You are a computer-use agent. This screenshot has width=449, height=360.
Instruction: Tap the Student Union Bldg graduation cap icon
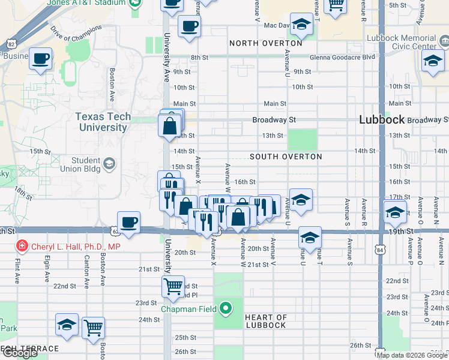(109, 163)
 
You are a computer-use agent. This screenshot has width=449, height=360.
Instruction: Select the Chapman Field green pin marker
(226, 309)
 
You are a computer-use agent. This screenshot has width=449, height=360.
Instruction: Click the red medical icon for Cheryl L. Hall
(22, 246)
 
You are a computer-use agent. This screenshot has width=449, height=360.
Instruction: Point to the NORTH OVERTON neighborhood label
(265, 43)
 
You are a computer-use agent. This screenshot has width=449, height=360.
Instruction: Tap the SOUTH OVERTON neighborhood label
(286, 157)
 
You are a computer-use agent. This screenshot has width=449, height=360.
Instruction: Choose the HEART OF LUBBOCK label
(266, 321)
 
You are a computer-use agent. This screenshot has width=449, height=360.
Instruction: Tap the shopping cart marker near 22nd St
(173, 287)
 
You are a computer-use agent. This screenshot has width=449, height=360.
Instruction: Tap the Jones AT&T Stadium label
(97, 2)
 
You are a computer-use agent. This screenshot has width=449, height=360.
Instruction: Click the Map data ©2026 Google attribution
(412, 355)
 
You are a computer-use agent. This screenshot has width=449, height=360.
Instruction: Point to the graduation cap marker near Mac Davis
(302, 24)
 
